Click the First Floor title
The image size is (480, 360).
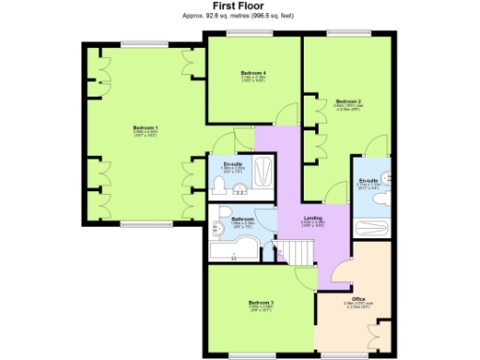pyautogui.click(x=240, y=6)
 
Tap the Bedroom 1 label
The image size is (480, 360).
pyautogui.click(x=144, y=127)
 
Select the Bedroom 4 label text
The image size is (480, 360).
pyautogui.click(x=253, y=73)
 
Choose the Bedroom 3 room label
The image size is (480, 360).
pyautogui.click(x=262, y=302)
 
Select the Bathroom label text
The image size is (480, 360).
pyautogui.click(x=243, y=219)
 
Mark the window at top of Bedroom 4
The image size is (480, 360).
pyautogui.click(x=253, y=35)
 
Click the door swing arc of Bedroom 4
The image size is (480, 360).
pyautogui.click(x=281, y=116)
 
